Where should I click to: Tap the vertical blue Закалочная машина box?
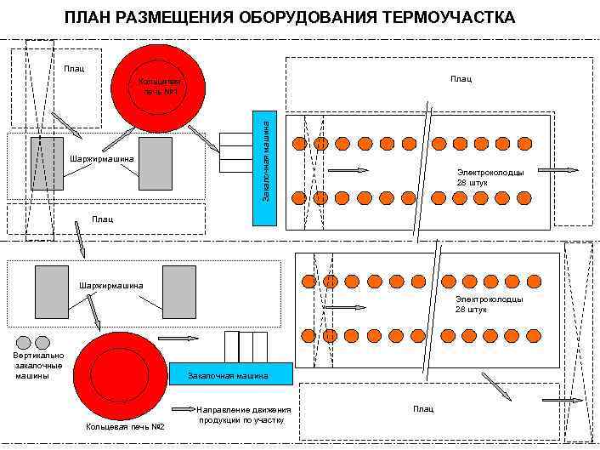265,168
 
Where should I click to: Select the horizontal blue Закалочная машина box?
230,374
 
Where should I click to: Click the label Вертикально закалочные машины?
38,365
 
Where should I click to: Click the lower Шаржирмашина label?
111,285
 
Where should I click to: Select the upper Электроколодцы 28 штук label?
490,177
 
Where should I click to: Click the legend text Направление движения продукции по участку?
244,414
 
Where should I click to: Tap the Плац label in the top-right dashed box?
461,79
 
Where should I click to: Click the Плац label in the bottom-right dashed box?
423,409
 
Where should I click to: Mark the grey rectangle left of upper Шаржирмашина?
47,162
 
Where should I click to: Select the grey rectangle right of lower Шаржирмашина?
179,292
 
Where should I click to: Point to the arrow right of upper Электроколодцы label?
558,170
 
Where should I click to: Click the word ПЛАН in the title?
88,18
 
